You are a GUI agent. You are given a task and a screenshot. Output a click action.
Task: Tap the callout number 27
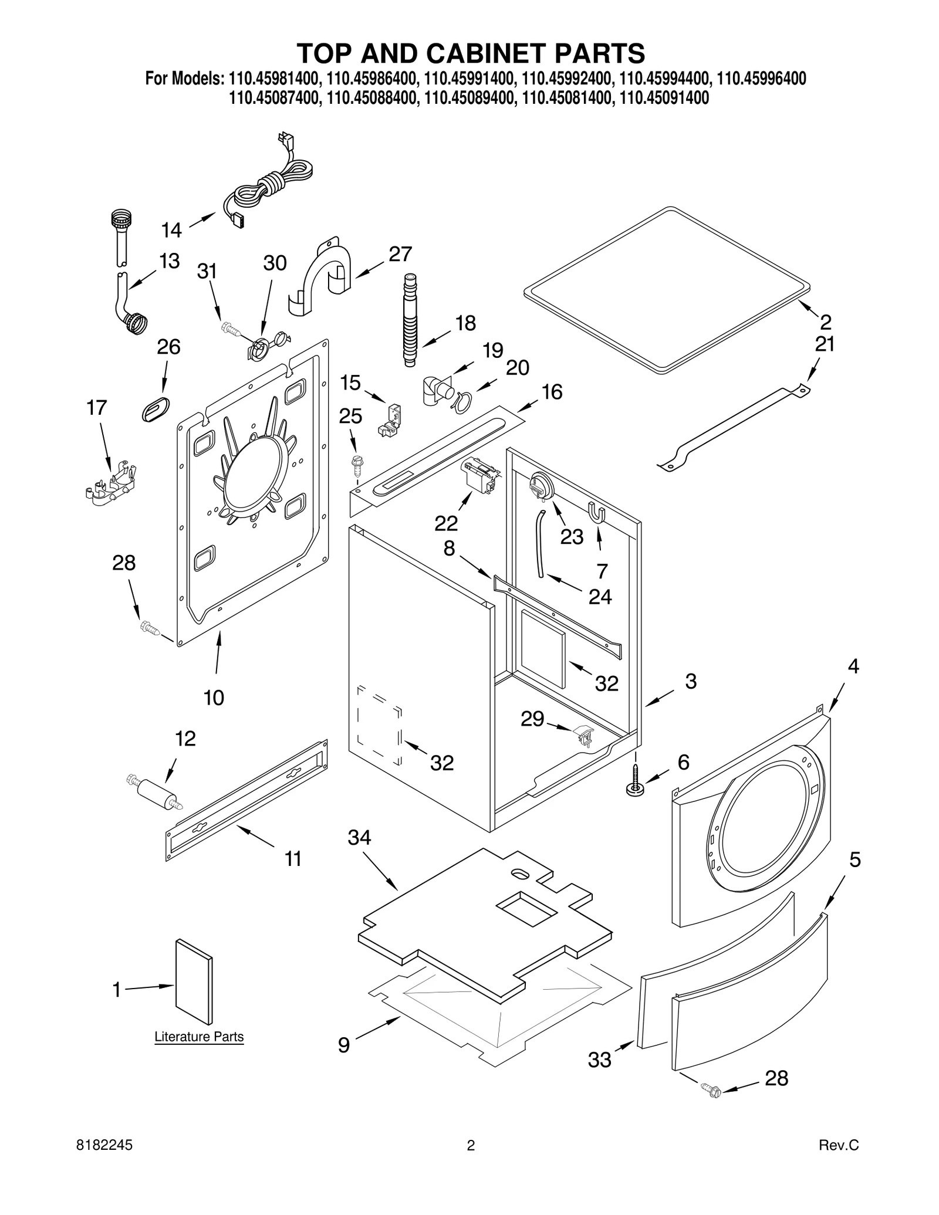400,254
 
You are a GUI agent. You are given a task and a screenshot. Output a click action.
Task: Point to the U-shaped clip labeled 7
597,512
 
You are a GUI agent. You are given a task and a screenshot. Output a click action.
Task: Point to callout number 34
359,837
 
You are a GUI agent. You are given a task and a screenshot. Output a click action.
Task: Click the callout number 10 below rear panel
214,698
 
